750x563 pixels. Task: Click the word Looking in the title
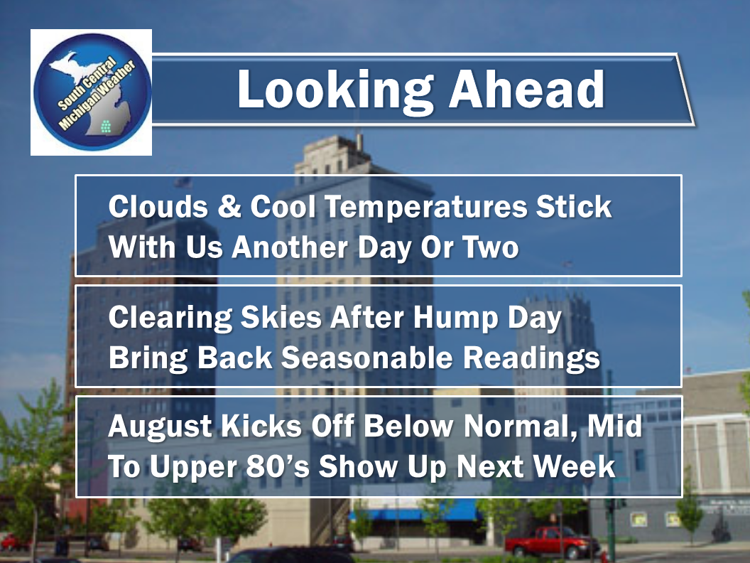click(335, 91)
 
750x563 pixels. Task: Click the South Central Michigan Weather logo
click(92, 92)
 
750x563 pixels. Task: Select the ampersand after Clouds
click(229, 206)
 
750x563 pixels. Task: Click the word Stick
click(573, 206)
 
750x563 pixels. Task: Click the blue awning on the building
click(415, 512)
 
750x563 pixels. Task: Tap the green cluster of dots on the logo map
click(106, 127)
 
